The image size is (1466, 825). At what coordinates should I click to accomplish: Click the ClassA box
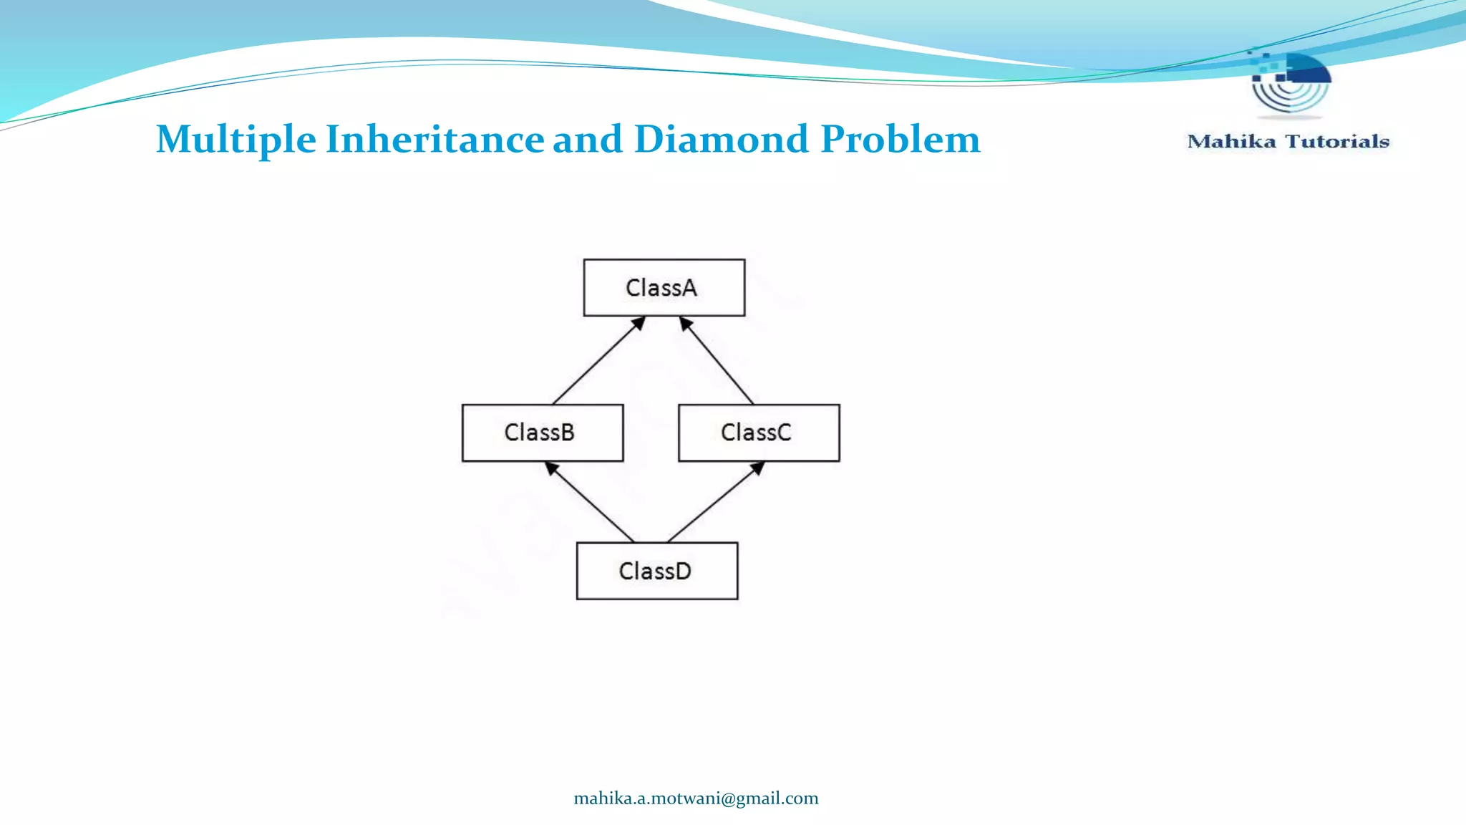664,287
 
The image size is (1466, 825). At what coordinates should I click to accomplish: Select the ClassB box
542,433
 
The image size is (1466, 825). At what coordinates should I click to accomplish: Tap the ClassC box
758,433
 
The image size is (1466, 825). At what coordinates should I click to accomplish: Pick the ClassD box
656,571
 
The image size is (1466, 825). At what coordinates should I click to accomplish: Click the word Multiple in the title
236,139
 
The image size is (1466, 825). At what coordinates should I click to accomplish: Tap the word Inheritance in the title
435,139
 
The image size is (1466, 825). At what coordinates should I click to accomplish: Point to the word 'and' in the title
587,139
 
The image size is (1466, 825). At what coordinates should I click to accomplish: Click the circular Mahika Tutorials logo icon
1290,82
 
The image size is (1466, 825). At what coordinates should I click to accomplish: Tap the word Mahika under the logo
1231,142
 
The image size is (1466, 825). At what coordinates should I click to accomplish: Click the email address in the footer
696,799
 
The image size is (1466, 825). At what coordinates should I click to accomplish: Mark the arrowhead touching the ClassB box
550,468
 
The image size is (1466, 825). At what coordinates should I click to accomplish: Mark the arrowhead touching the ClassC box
758,468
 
